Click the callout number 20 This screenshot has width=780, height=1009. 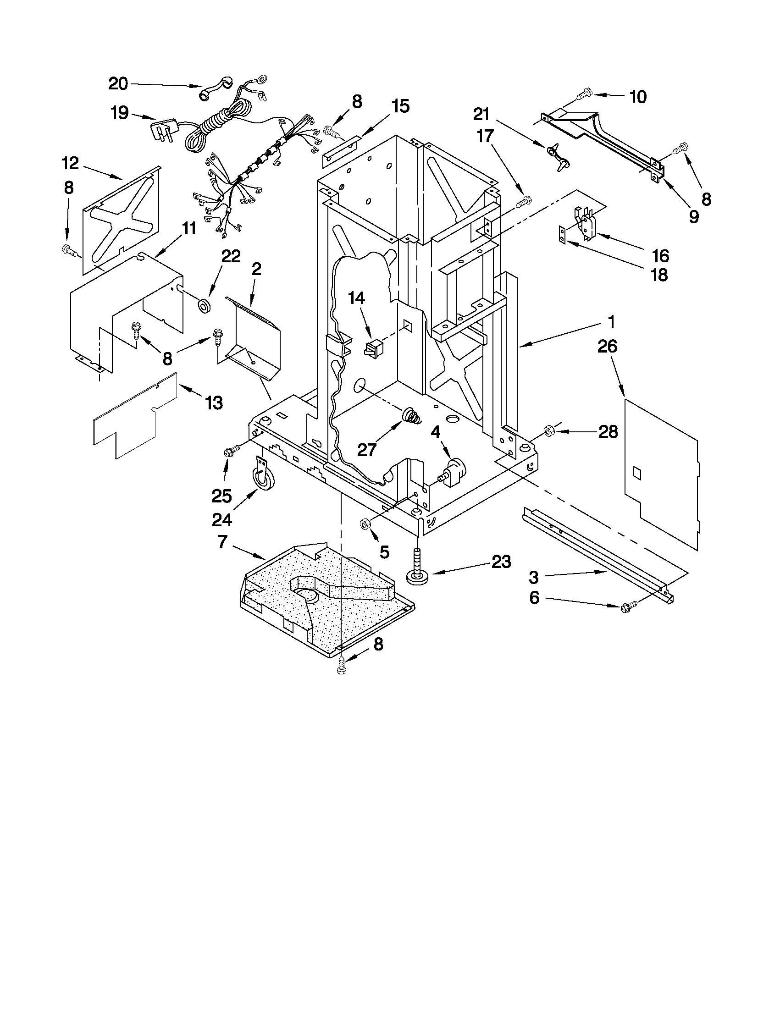[118, 83]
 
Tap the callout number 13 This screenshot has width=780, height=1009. [214, 403]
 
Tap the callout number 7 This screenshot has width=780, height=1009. [222, 541]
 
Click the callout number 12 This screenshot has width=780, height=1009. [70, 163]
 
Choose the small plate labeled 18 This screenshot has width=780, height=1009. [562, 234]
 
